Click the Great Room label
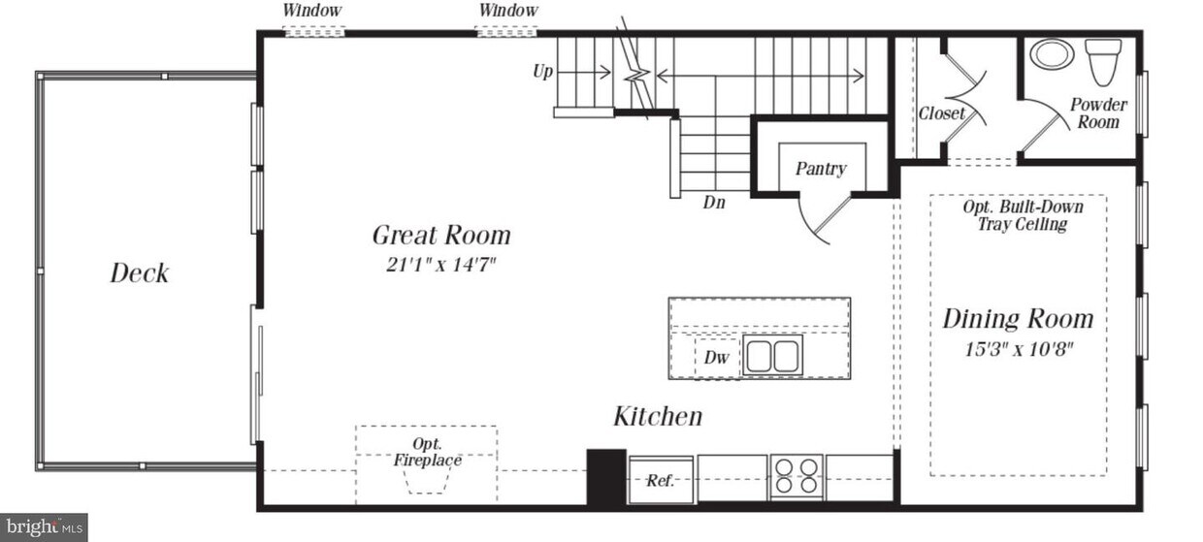441,236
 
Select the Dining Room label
1018,319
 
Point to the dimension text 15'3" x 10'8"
1018,348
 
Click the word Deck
139,273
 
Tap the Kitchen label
658,417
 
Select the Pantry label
821,169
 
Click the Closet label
941,113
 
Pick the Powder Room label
1098,113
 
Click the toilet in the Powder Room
1103,60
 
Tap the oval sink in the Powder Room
1052,53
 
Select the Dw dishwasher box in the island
716,357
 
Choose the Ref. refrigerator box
661,480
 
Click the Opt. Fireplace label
427,453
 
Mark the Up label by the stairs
543,71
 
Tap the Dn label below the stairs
714,204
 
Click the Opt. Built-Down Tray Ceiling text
1022,215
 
